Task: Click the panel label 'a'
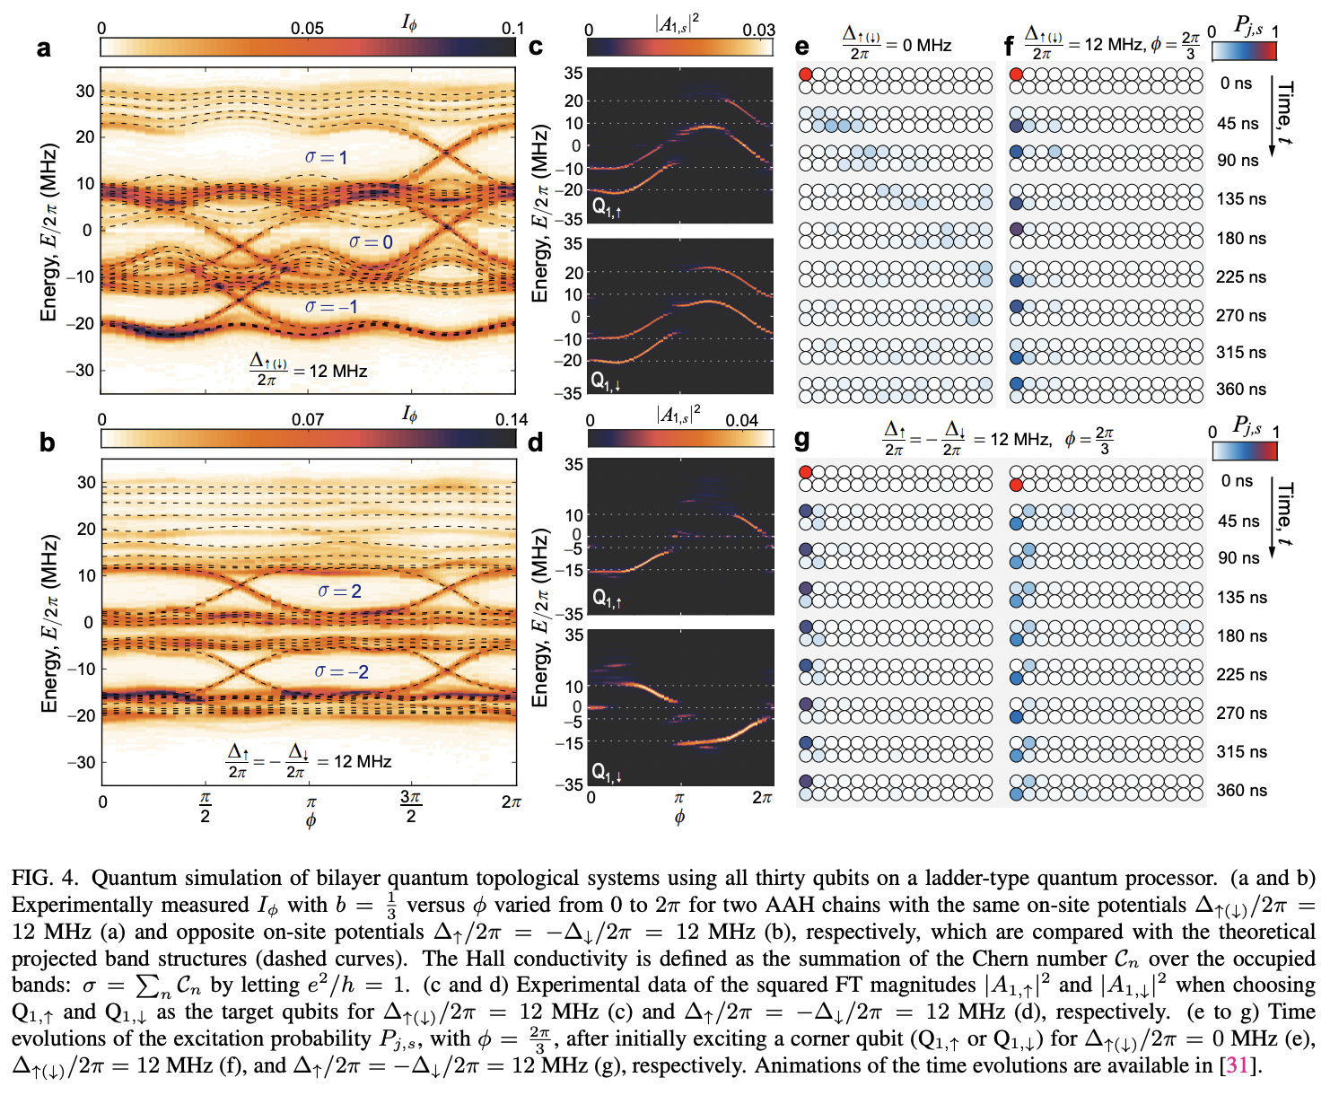[43, 48]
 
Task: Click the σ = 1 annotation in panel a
[326, 157]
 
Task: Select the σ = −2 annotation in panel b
[341, 671]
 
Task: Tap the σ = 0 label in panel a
[371, 241]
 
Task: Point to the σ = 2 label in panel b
[339, 591]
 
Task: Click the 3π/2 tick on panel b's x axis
[410, 805]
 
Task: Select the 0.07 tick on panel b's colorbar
[308, 419]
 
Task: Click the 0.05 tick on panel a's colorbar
[307, 28]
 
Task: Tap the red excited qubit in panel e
[806, 74]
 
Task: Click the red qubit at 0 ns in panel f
[1016, 74]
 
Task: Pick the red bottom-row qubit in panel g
[1016, 485]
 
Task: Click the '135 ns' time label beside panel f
[1241, 199]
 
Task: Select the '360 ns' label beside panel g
[1242, 790]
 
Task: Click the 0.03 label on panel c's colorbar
[758, 30]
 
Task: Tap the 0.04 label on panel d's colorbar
[741, 419]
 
